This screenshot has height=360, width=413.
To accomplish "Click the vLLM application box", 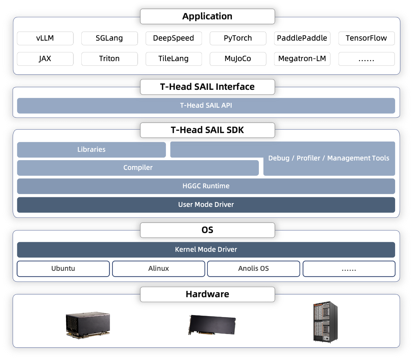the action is [45, 38].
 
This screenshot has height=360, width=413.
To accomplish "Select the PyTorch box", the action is [238, 38].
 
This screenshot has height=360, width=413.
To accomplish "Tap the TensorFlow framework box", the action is [366, 38].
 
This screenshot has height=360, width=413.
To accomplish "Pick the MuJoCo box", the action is [238, 59].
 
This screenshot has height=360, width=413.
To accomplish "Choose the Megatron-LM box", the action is [302, 59].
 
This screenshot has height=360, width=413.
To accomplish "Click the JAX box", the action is [45, 59].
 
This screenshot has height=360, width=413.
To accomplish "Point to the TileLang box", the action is [174, 59].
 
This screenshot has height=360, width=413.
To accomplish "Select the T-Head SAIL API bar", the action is [206, 106].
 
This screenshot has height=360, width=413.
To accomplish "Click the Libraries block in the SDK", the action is [91, 150].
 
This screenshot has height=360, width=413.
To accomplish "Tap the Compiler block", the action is [138, 168].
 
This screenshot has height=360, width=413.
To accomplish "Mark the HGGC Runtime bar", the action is [206, 186].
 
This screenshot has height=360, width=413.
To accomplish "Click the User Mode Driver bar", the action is [206, 205].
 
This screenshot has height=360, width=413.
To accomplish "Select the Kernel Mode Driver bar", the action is [206, 250].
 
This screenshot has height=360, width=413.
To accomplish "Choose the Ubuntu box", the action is [63, 269].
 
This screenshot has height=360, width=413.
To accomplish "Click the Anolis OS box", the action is [254, 269].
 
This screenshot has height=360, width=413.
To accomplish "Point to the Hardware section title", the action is [207, 294].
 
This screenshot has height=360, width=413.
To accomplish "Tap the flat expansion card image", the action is [212, 325].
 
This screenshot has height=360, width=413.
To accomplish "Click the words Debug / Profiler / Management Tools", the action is [329, 158].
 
